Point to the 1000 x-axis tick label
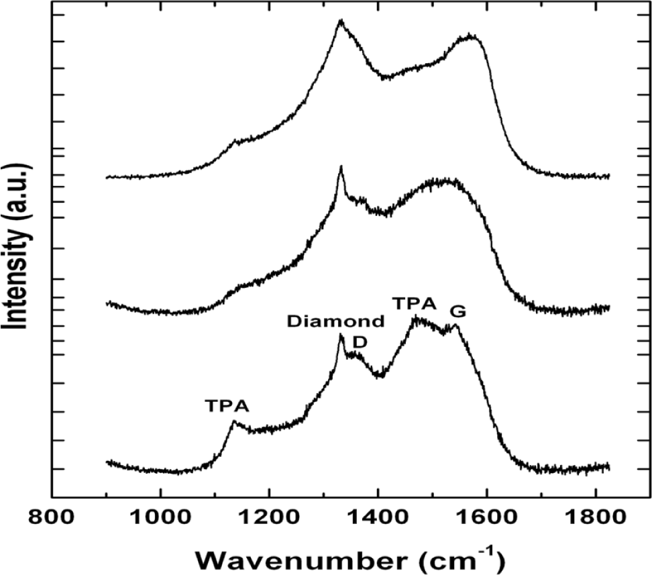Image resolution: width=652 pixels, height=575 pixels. click(160, 520)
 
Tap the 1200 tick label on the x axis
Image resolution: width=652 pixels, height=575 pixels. click(268, 520)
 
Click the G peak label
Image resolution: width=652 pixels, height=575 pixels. click(458, 312)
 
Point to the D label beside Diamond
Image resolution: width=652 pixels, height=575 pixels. click(360, 342)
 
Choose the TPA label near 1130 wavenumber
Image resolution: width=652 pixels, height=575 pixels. click(227, 405)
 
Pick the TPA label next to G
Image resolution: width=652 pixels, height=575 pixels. click(415, 303)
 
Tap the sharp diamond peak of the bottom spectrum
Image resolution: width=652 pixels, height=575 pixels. click(341, 335)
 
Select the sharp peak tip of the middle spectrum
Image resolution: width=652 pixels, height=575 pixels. click(341, 166)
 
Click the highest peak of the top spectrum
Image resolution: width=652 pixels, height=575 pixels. click(341, 21)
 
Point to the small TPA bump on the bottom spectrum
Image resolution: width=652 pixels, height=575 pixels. click(233, 422)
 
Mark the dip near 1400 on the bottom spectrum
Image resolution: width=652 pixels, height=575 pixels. click(380, 375)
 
